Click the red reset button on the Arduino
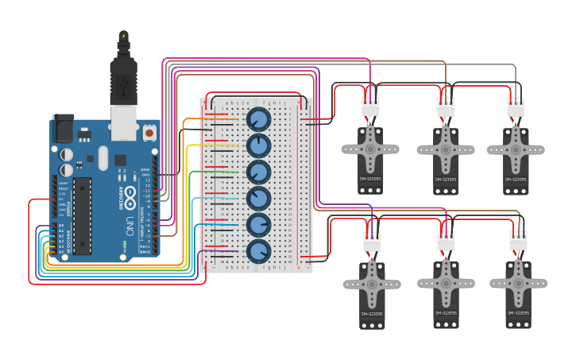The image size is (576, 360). (x=149, y=133)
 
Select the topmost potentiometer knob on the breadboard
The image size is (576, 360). (x=258, y=120)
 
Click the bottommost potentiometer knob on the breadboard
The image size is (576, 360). (x=258, y=251)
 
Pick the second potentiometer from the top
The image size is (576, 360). (x=258, y=146)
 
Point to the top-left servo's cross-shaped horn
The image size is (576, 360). (x=369, y=148)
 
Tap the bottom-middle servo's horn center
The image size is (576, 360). (x=446, y=283)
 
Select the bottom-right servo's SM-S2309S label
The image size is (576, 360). (x=518, y=313)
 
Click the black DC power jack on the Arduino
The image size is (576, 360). (x=63, y=128)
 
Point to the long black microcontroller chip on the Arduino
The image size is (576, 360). (x=82, y=216)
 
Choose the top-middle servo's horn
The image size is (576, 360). (x=446, y=149)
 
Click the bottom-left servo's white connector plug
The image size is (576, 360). (x=371, y=242)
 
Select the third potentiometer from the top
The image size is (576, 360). (x=258, y=172)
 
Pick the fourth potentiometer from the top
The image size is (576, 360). (x=258, y=199)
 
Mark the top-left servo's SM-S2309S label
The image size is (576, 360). (x=370, y=179)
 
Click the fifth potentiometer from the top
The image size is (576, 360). (x=258, y=225)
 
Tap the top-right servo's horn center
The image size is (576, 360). (x=516, y=149)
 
